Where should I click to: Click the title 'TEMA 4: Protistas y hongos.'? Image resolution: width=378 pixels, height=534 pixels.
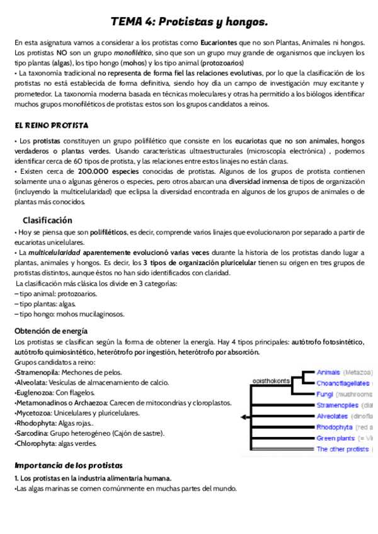[189, 22]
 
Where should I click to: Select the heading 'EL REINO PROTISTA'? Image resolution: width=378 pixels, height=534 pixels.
[51, 125]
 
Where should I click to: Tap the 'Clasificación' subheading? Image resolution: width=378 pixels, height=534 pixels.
[47, 220]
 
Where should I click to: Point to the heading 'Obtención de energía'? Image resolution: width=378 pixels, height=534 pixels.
[51, 331]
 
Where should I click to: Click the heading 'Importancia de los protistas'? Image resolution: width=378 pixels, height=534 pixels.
[69, 465]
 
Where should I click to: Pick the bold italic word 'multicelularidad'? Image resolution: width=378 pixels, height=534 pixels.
[52, 253]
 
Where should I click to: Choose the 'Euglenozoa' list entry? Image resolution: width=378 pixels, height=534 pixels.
[35, 392]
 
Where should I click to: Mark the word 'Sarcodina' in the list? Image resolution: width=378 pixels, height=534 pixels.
[33, 433]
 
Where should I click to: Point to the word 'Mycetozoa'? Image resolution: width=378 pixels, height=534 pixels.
[33, 413]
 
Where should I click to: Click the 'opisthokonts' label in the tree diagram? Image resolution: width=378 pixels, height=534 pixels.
[271, 380]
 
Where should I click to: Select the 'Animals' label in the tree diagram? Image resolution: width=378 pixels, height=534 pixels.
[328, 372]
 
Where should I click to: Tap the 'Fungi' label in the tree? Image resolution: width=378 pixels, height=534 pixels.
[325, 394]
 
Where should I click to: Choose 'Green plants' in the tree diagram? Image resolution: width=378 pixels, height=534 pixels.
[335, 438]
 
